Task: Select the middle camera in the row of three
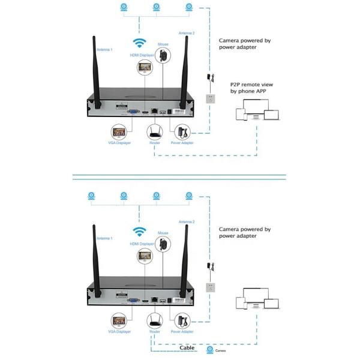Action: (156, 7)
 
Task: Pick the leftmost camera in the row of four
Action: (91, 196)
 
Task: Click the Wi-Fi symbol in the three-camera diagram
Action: (139, 43)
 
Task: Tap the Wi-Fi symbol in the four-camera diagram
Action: (139, 231)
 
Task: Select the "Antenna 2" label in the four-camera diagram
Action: (187, 221)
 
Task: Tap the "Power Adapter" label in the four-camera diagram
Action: (182, 331)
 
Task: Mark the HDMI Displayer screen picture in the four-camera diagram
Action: (145, 257)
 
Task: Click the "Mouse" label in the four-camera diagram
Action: (163, 232)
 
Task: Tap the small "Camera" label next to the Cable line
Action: (222, 349)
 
